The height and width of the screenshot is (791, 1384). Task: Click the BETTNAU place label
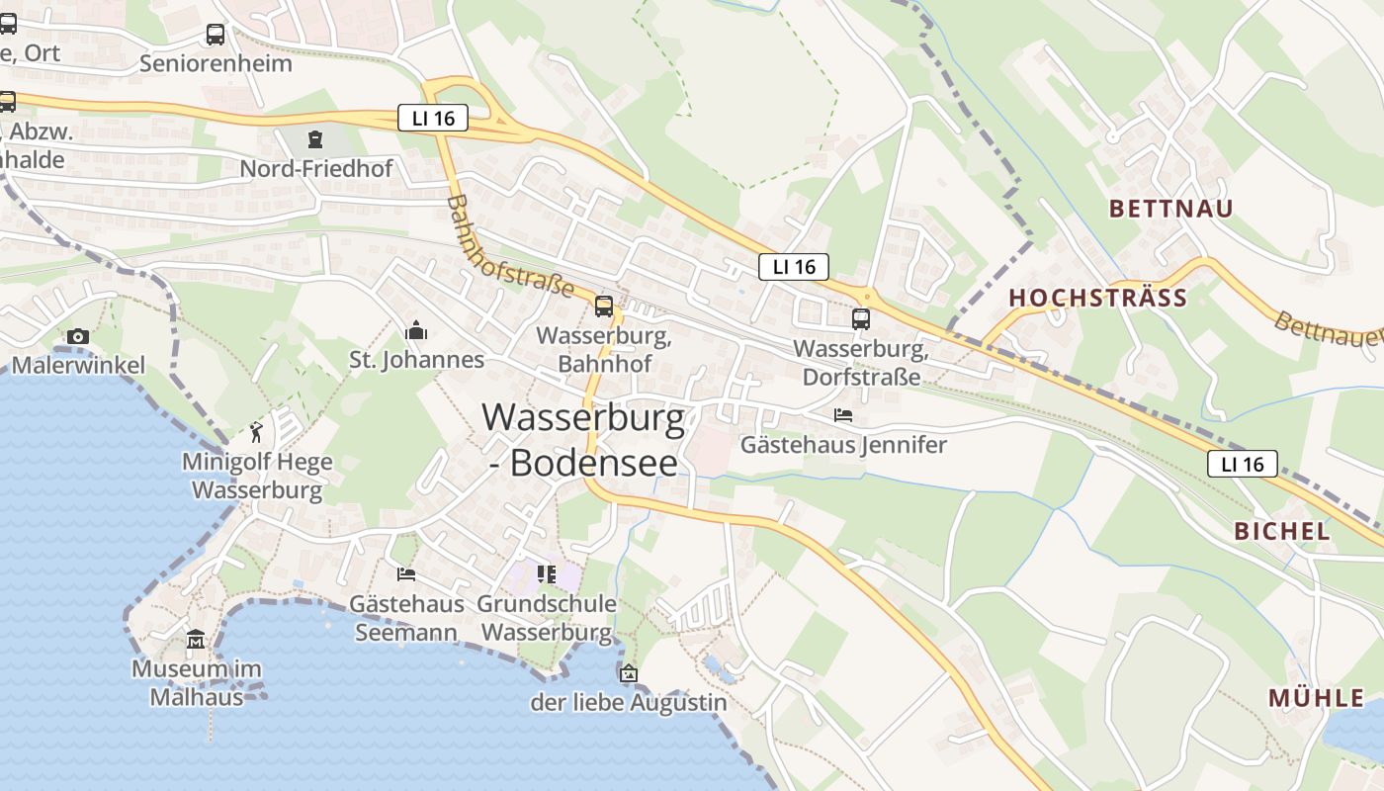tap(1171, 209)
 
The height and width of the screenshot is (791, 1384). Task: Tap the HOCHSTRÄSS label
tap(1097, 298)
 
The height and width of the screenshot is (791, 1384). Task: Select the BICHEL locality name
tap(1281, 530)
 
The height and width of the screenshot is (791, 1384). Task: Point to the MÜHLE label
tap(1316, 698)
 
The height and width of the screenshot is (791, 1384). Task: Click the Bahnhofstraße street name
tap(510, 245)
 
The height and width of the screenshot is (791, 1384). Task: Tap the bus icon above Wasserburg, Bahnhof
tap(603, 306)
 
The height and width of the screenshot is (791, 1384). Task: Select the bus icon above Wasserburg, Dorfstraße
tap(861, 318)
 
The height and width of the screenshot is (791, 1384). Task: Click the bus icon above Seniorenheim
tap(216, 35)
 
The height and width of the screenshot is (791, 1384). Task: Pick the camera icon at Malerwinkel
tap(78, 336)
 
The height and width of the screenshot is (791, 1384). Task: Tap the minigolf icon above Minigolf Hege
tap(257, 432)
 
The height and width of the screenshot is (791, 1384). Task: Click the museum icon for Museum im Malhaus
tap(196, 640)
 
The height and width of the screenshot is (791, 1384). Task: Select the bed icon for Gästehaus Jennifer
tap(842, 414)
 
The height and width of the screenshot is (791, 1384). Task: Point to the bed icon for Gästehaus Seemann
tap(405, 573)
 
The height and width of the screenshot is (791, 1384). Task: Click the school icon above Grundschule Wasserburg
tap(547, 573)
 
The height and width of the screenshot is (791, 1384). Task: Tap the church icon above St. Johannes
tap(416, 329)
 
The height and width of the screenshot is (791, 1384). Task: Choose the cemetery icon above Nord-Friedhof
tap(315, 139)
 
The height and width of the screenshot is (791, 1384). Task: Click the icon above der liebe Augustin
tap(628, 673)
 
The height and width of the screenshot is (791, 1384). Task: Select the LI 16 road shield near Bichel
tap(1242, 464)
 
